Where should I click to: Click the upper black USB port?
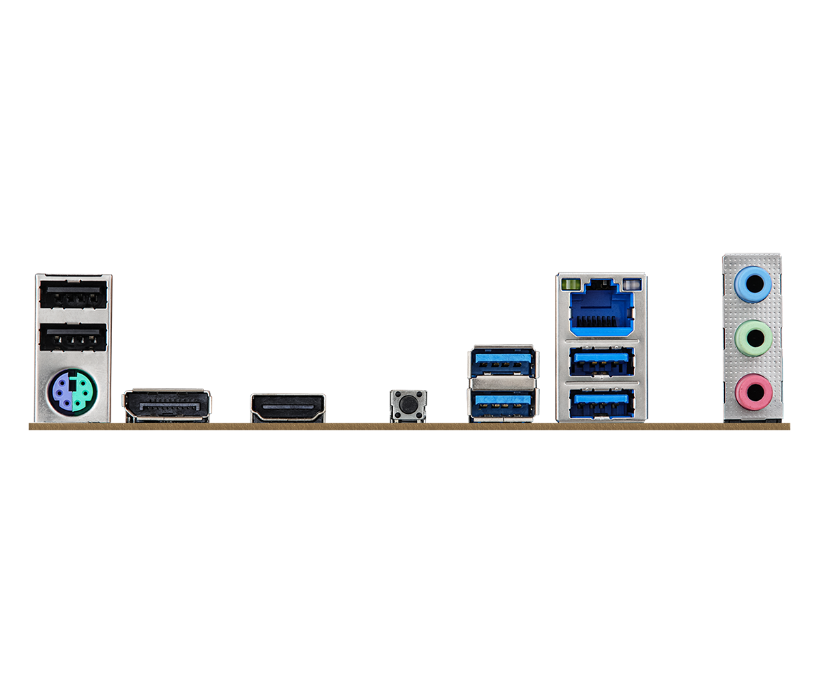click(x=74, y=295)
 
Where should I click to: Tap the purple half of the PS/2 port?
click(x=63, y=392)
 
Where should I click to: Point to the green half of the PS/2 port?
click(x=83, y=392)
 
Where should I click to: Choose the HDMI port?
click(x=288, y=407)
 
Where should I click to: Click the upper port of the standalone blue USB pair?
click(x=502, y=362)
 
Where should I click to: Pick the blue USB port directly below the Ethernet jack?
click(x=601, y=361)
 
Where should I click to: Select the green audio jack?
click(x=753, y=336)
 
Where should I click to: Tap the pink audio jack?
click(x=753, y=392)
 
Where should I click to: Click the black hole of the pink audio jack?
click(x=754, y=393)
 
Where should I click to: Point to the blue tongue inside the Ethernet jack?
click(x=601, y=321)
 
